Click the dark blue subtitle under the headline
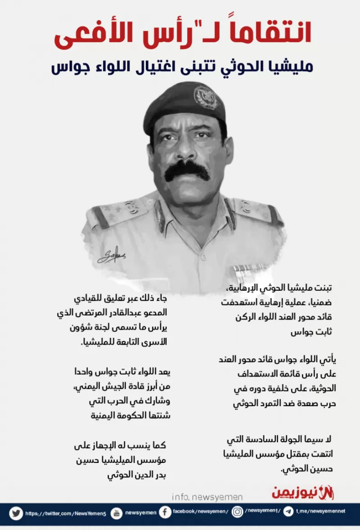(182, 67)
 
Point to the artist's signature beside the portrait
(111, 256)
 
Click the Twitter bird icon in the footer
(16, 512)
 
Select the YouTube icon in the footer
(117, 512)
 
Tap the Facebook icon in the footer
(165, 512)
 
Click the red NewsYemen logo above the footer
(303, 493)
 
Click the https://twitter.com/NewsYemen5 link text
(66, 513)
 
